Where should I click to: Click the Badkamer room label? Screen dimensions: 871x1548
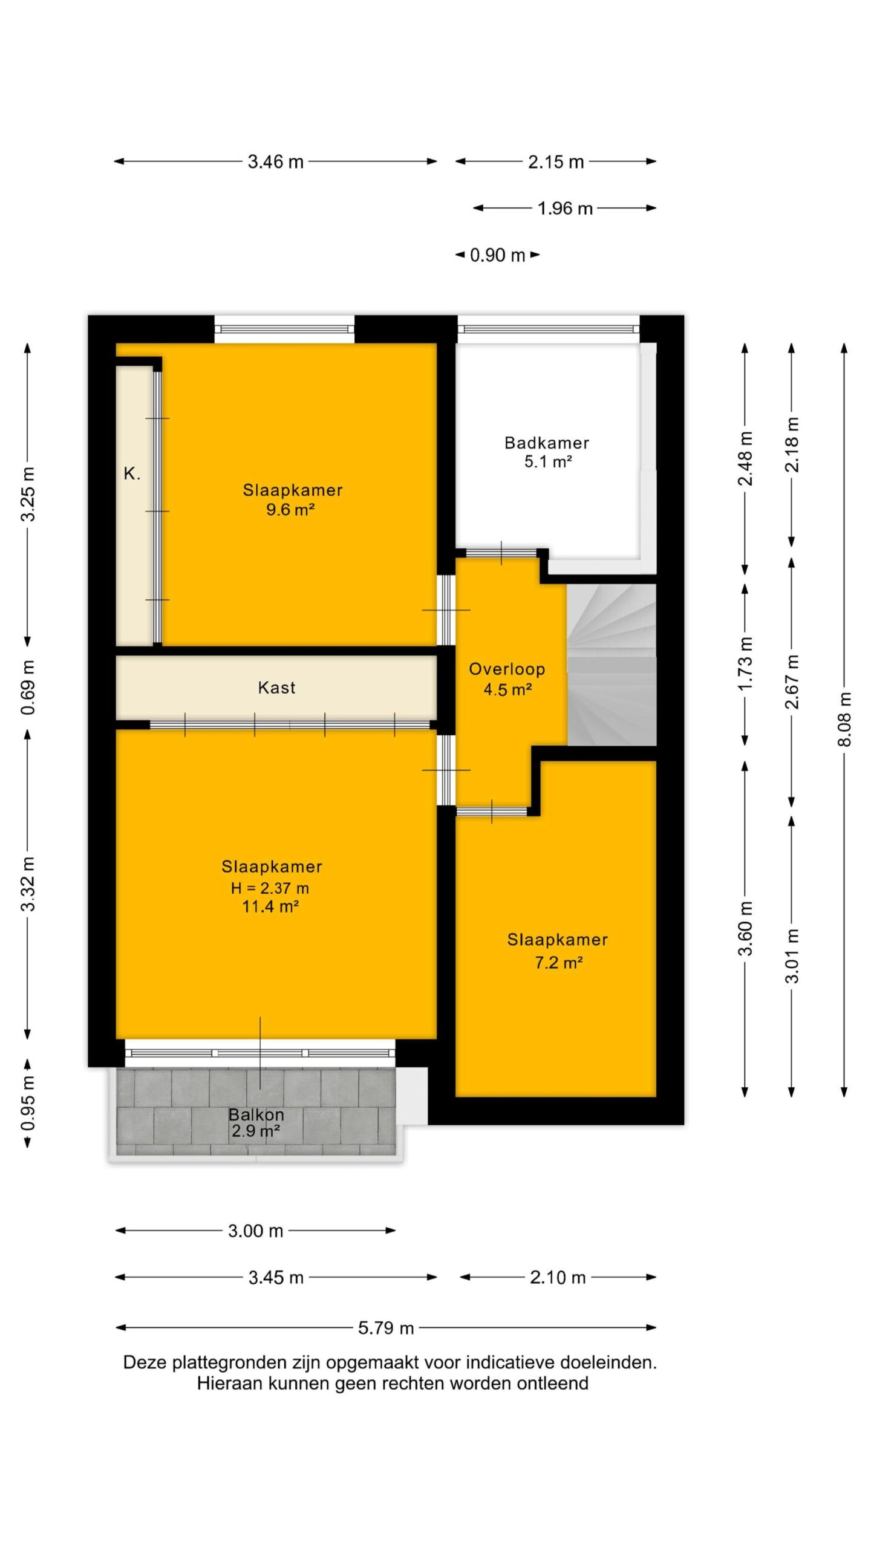547,443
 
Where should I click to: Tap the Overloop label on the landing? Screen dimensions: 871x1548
507,669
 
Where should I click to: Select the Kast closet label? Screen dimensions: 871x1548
276,688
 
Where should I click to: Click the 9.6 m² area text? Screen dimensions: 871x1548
290,510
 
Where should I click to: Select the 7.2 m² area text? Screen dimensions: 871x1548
558,962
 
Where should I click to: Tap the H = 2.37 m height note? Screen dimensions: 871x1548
270,888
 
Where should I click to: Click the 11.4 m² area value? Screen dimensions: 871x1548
270,906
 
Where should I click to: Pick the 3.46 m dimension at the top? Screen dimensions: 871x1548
276,161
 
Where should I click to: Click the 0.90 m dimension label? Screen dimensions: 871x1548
497,255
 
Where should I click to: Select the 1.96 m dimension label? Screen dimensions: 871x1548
565,209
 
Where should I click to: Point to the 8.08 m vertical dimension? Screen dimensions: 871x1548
844,719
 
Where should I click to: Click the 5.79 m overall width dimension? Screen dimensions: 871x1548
386,1328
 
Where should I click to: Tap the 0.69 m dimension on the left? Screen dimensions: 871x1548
28,688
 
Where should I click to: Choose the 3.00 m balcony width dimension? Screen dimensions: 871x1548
256,1231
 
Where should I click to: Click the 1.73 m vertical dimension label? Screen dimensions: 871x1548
745,663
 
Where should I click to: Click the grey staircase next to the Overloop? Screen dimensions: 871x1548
612,664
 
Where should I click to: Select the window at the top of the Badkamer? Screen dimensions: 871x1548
548,329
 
